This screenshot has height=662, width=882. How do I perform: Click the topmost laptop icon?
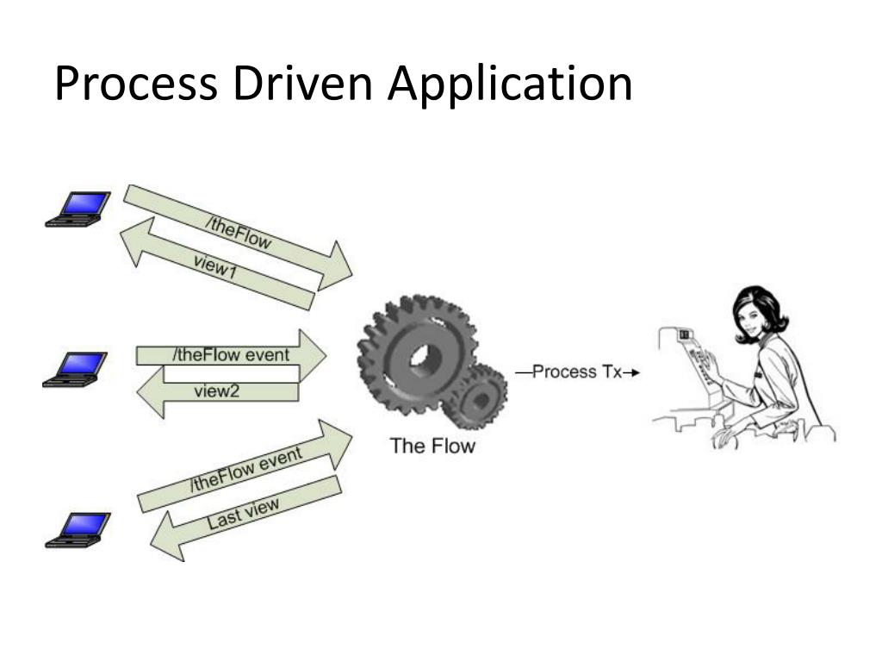(78, 209)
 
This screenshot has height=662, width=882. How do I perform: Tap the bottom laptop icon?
(78, 529)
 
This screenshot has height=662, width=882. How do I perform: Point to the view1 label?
(215, 272)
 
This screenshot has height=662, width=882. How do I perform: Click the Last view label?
(244, 515)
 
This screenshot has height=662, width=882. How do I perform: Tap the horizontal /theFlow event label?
(231, 354)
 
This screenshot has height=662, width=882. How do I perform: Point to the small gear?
(479, 397)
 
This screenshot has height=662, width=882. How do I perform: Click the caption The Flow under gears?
(432, 446)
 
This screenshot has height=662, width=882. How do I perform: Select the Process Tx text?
(576, 372)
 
